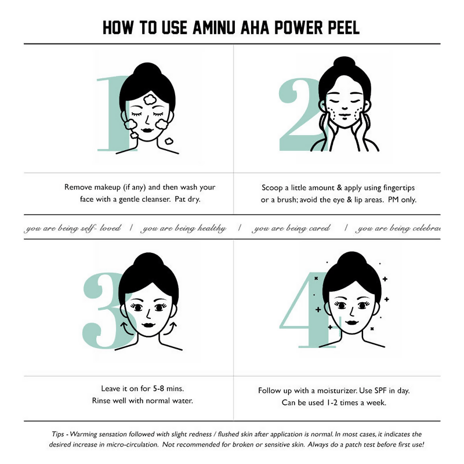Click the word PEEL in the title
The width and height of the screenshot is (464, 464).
(343, 28)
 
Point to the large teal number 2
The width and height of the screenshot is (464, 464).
(299, 115)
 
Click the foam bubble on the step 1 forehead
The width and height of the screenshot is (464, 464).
(151, 100)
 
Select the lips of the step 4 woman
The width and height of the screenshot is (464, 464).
(351, 322)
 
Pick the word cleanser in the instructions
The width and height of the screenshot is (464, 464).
(156, 199)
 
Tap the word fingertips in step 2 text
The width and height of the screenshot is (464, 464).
(399, 188)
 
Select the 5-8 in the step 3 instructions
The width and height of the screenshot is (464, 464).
(158, 388)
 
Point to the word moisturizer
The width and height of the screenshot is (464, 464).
(338, 390)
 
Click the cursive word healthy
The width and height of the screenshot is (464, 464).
(212, 229)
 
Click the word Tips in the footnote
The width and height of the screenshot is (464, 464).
(58, 434)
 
